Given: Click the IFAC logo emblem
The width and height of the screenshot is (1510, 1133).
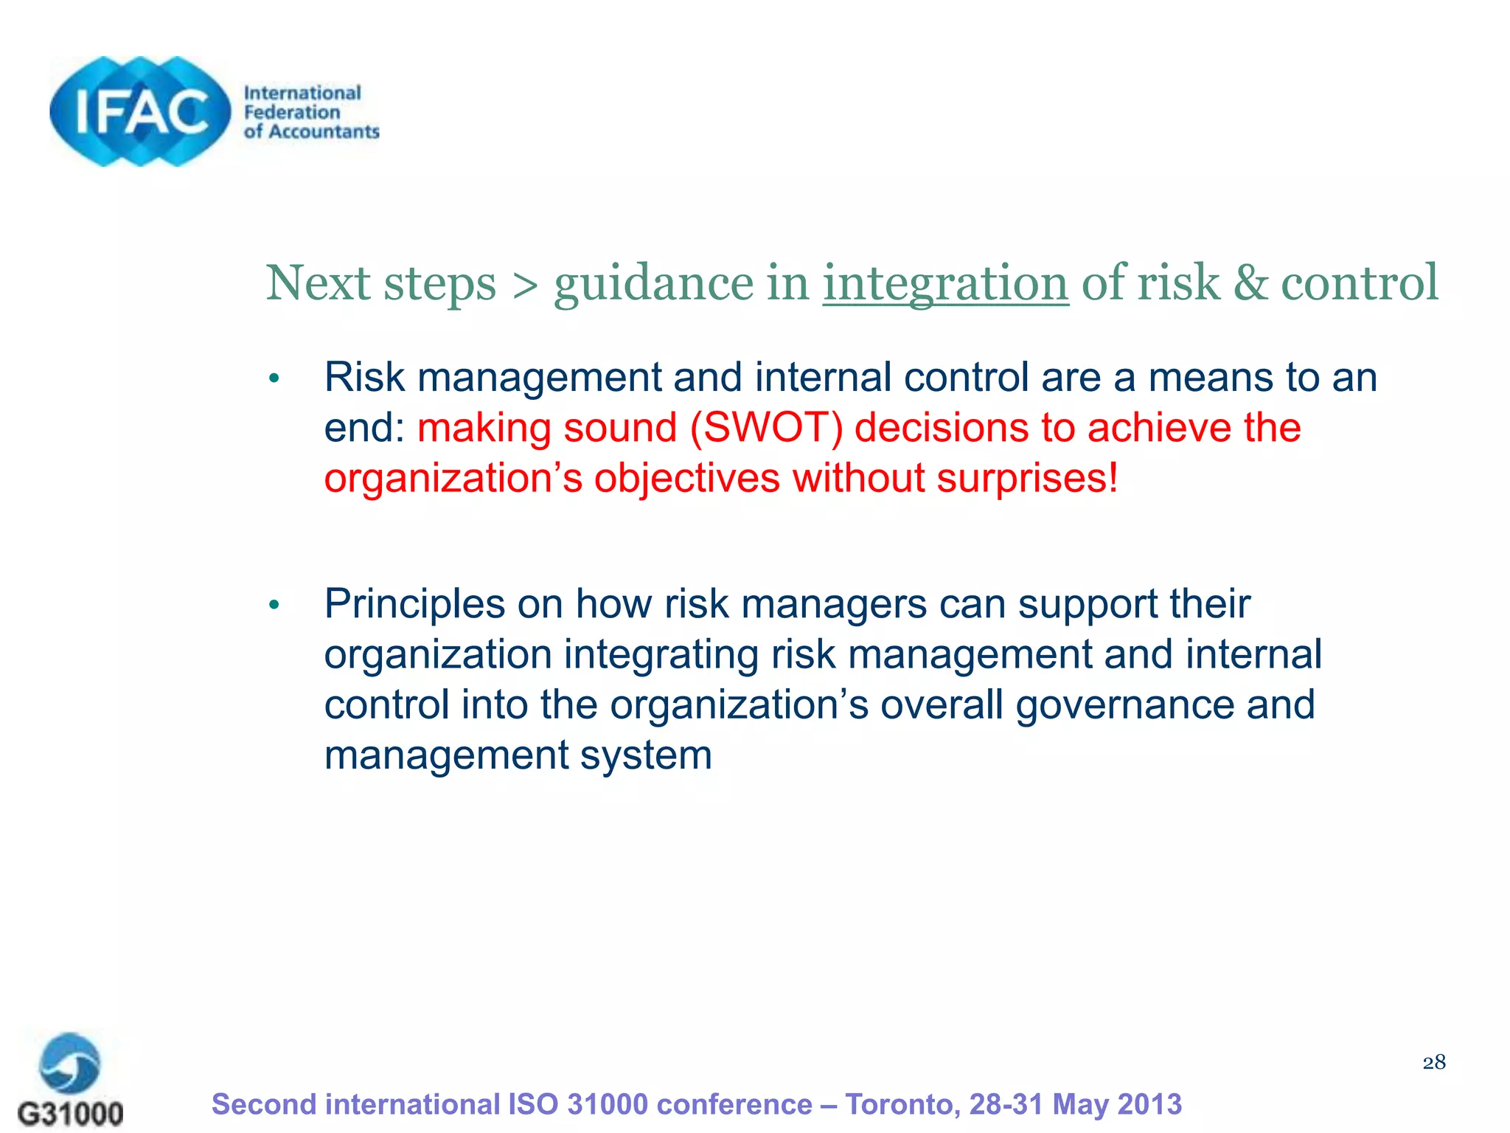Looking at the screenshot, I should click(x=140, y=111).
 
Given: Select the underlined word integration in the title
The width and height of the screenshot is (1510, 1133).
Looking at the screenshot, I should click(x=945, y=283).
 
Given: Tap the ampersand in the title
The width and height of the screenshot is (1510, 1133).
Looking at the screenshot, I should click(x=1250, y=283).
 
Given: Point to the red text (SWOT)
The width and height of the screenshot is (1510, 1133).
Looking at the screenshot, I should click(x=767, y=428).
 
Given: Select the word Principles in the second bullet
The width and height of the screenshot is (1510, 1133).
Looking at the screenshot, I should click(x=414, y=604).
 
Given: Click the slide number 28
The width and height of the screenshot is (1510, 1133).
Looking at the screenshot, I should click(x=1433, y=1062).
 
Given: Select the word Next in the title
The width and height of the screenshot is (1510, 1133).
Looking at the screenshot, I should click(x=318, y=283).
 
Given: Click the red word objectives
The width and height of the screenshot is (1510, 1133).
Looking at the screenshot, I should click(x=686, y=479).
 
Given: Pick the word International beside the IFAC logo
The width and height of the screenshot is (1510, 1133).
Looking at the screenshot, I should click(x=302, y=93).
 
